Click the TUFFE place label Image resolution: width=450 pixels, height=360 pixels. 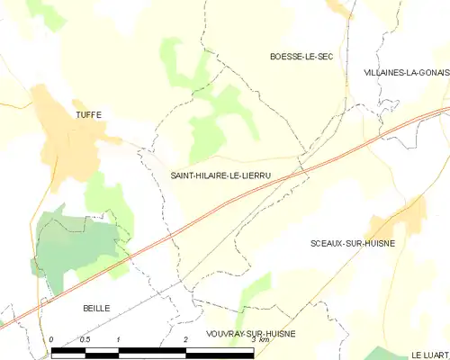[x=88, y=114]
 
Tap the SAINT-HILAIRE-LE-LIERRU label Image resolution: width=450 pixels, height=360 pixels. [x=220, y=177]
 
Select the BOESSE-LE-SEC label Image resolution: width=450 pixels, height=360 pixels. [x=301, y=56]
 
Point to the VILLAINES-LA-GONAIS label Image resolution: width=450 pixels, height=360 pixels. [x=406, y=71]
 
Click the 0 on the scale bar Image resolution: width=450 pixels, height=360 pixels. [x=52, y=339]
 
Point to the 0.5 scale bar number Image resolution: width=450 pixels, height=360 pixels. [x=84, y=339]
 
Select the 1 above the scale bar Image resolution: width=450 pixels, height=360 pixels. [x=118, y=339]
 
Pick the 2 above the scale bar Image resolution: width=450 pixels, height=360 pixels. [x=185, y=339]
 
